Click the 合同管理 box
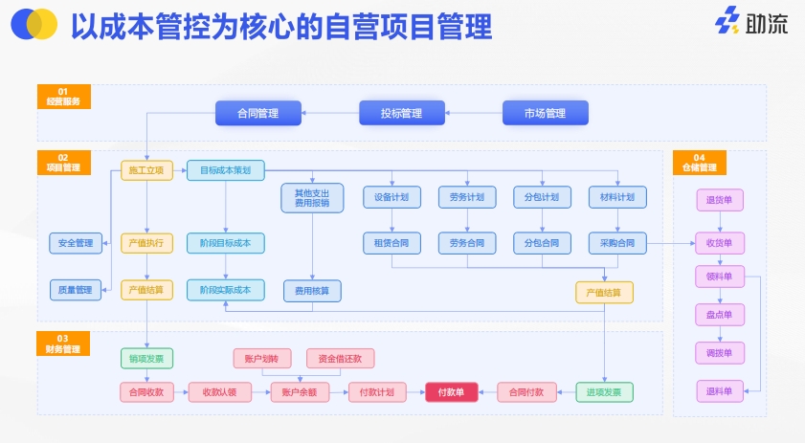pos(258,113)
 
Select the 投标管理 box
pos(401,113)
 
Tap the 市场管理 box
pos(545,113)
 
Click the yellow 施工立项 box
pos(146,170)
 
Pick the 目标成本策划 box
pos(225,170)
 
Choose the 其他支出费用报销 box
pos(311,197)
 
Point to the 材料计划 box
pos(617,197)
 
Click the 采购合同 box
pos(617,243)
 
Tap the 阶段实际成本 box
pos(225,289)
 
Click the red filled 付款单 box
pos(451,391)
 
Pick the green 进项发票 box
pos(604,391)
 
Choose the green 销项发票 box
pos(146,359)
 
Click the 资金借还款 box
pos(340,359)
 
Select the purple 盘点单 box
pos(719,314)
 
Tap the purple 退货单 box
pos(719,200)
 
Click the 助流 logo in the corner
pos(752,22)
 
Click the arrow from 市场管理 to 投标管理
pos(476,113)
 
